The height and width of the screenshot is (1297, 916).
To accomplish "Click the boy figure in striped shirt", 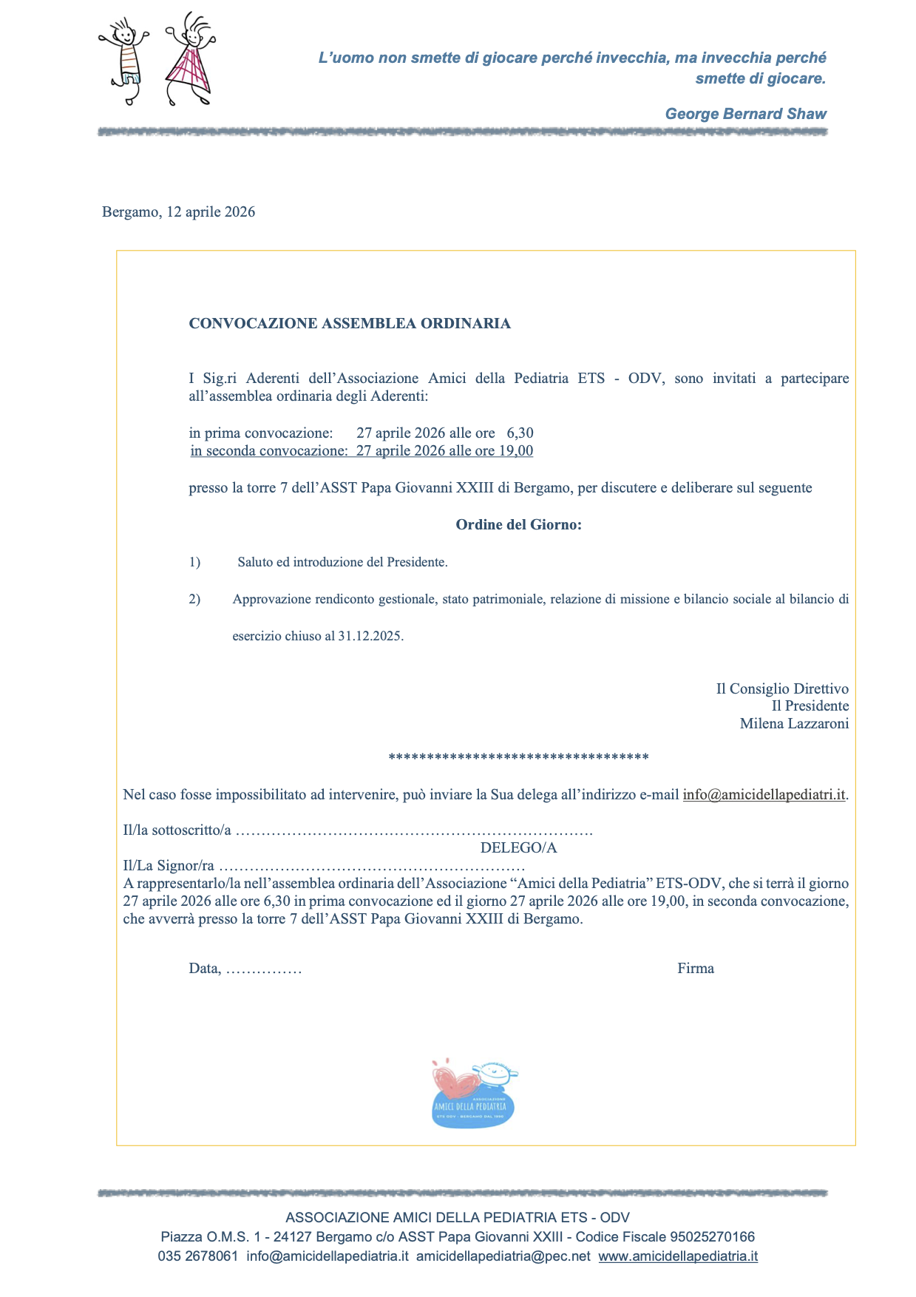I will click(x=126, y=59).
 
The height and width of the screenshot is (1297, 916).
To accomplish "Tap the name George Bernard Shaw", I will click(x=745, y=114).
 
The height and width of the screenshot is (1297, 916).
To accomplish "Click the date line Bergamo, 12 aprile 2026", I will click(x=179, y=212).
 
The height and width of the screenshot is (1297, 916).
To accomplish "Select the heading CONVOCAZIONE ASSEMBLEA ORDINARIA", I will click(x=350, y=323).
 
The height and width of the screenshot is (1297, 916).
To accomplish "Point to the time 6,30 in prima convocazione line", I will click(x=520, y=433).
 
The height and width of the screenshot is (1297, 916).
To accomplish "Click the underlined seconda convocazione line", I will click(x=362, y=451).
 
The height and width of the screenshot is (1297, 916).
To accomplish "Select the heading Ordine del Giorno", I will click(x=518, y=525).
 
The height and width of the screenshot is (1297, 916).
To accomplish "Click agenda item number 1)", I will click(x=194, y=562).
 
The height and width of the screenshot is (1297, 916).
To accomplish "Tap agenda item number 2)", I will click(x=194, y=599).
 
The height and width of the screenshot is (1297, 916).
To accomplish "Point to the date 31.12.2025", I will click(x=370, y=636).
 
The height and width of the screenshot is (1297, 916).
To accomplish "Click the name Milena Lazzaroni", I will click(x=794, y=724).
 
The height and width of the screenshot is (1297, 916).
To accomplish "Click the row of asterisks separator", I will click(x=518, y=757).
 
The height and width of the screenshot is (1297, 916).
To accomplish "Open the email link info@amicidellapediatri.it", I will click(x=764, y=795).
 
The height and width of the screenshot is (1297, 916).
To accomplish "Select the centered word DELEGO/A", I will click(x=518, y=848).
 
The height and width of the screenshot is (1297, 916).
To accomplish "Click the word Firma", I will click(x=696, y=969).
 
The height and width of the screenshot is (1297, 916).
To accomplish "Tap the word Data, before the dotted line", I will click(x=205, y=969).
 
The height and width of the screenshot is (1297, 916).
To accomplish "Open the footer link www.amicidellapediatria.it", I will click(x=678, y=1256).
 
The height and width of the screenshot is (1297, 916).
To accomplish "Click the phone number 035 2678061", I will click(x=198, y=1256).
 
